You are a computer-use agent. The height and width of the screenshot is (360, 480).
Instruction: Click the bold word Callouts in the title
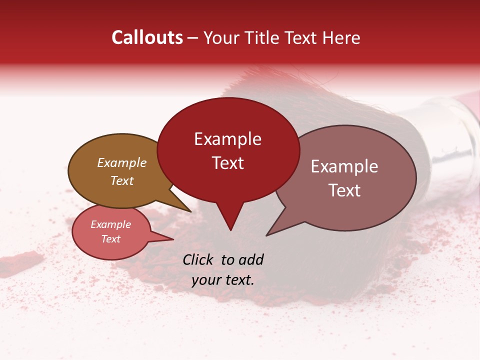point(147,37)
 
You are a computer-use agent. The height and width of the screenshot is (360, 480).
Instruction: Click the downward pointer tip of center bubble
point(230,230)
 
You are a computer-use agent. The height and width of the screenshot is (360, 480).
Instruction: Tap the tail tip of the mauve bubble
point(266,235)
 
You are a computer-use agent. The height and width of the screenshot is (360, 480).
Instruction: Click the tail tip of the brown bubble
point(190,211)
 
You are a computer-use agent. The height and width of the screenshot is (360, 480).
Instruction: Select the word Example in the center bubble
point(227,139)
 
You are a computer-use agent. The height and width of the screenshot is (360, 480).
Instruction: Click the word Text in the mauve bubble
point(344,190)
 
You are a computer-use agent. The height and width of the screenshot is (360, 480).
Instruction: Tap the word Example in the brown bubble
point(122,163)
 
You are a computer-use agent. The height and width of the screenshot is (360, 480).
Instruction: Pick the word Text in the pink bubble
point(110,239)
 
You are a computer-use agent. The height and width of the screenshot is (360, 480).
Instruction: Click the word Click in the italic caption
point(198,259)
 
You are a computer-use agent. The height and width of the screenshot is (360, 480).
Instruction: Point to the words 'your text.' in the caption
point(223,280)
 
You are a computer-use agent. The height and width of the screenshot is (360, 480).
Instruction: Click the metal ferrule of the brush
point(452,132)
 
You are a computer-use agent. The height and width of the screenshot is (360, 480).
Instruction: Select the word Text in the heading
point(303,37)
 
